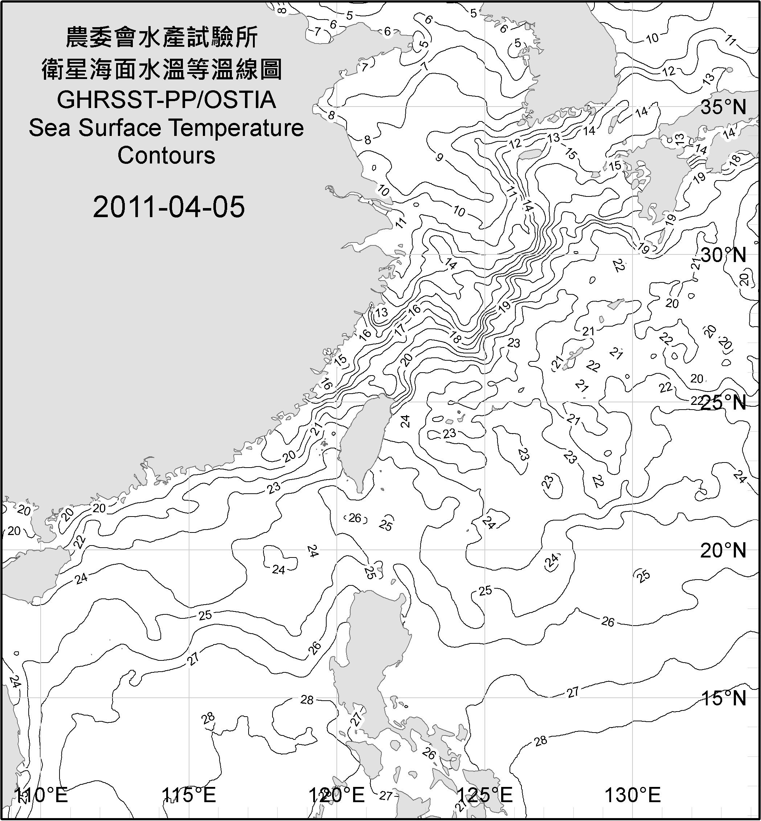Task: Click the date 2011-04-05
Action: coord(169,207)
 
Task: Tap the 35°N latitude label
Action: coord(724,108)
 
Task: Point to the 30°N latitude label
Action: coord(724,256)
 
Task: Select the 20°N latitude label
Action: coord(724,550)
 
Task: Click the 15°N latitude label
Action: coord(724,698)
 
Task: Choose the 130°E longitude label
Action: coord(633,795)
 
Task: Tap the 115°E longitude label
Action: coord(188,795)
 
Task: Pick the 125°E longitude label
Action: coord(485,795)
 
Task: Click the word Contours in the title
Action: coord(166,156)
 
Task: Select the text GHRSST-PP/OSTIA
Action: coord(166,100)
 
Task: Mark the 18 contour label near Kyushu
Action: coord(735,159)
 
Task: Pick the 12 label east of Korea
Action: coord(669,71)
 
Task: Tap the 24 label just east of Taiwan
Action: coord(406,421)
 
